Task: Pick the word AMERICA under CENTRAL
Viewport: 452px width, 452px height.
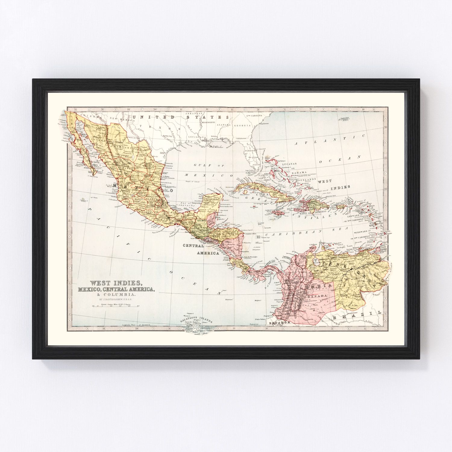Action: pyautogui.click(x=208, y=253)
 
